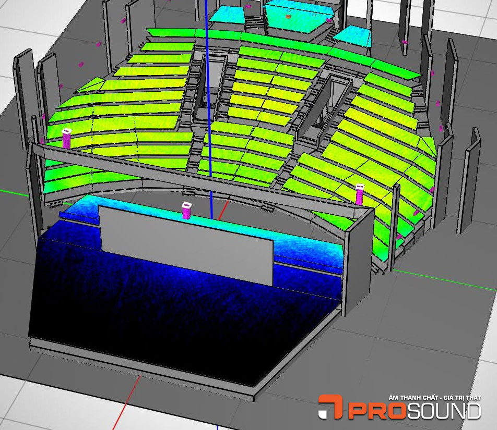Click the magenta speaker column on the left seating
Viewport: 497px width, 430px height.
(67, 138)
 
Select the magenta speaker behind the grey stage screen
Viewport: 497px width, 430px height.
(186, 211)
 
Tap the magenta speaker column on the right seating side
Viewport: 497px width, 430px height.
(360, 194)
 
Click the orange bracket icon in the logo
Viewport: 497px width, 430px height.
(330, 407)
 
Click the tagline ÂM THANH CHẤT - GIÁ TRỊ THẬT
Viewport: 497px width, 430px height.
(435, 398)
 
